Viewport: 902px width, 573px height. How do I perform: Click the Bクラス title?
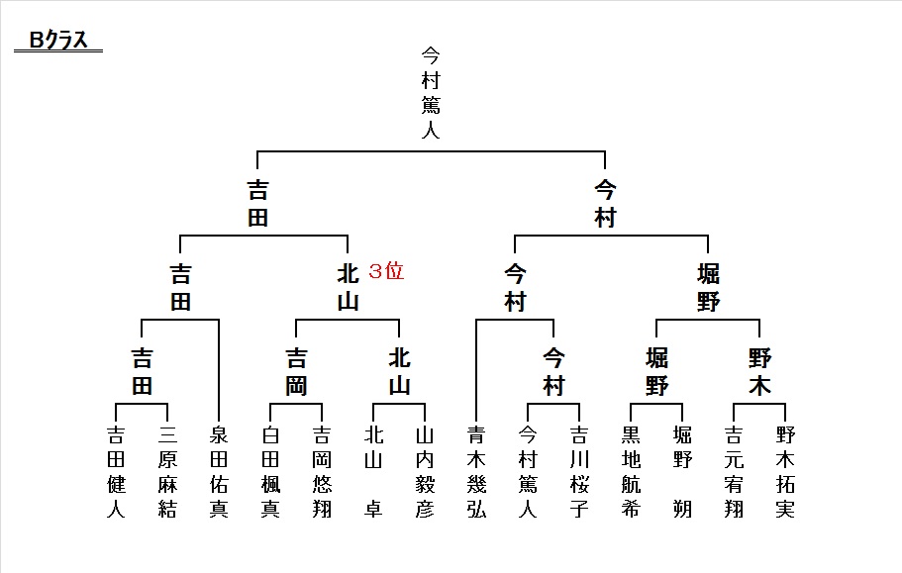tap(58, 40)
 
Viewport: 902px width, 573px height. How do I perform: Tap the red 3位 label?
tap(386, 270)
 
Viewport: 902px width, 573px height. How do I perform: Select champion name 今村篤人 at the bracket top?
tap(431, 92)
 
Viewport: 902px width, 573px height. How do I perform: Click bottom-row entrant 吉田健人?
tap(116, 472)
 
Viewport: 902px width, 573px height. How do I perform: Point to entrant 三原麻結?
tap(167, 472)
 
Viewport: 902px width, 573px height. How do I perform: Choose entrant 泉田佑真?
tap(219, 472)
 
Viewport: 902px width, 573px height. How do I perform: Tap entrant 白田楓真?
tap(270, 472)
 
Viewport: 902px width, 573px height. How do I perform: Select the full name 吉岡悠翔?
tap(322, 472)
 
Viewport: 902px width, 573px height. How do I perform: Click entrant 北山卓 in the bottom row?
tap(373, 472)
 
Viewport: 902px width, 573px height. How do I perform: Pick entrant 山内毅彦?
tap(425, 472)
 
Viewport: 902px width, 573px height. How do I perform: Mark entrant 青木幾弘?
tap(476, 472)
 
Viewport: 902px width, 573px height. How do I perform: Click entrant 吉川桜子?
tap(579, 472)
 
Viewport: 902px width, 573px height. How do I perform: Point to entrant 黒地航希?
tap(631, 472)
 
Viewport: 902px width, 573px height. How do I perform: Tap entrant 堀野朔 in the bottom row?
tap(682, 472)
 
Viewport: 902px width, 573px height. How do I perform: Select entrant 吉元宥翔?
tap(734, 472)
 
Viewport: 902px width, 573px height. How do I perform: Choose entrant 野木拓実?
tap(785, 472)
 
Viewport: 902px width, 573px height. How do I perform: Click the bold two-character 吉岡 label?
tap(296, 372)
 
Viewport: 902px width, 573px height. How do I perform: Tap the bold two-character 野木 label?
tap(759, 372)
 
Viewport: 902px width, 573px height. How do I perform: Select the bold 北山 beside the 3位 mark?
tap(349, 287)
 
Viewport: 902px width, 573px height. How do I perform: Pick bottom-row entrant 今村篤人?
tap(528, 472)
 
